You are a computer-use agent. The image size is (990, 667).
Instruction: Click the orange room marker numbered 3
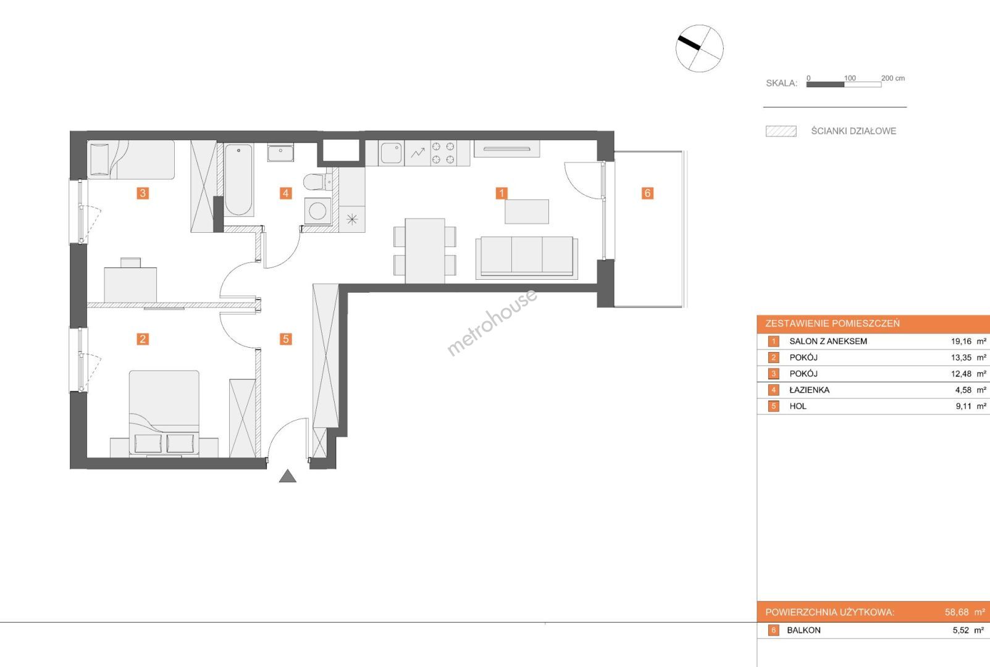[142, 193]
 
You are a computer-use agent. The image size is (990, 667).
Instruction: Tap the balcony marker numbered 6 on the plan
[647, 193]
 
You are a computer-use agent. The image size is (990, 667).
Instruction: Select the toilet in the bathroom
[317, 182]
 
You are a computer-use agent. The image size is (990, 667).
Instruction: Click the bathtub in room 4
[238, 180]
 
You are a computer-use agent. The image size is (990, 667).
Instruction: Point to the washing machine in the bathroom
[318, 211]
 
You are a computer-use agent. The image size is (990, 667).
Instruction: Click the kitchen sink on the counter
[391, 153]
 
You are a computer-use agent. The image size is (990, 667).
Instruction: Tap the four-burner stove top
[443, 153]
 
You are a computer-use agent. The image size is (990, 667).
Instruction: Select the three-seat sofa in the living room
[527, 258]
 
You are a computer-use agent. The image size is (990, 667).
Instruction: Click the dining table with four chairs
[425, 251]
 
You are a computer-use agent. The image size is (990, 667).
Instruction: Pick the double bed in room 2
[164, 413]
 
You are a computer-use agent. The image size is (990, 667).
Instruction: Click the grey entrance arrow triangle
[288, 476]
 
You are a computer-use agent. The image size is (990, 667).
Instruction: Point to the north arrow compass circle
[700, 49]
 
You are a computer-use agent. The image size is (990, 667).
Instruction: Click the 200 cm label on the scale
[893, 78]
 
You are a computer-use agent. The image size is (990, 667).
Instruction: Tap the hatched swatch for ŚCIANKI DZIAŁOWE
[781, 132]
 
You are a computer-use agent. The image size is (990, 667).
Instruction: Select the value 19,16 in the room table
[961, 342]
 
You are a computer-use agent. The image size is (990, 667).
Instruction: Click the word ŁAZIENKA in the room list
[809, 390]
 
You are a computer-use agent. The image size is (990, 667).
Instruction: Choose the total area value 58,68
[957, 612]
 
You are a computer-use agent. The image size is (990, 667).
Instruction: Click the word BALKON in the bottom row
[803, 631]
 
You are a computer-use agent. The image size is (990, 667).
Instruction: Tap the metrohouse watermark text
[492, 322]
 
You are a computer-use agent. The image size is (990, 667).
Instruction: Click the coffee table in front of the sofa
[527, 212]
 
